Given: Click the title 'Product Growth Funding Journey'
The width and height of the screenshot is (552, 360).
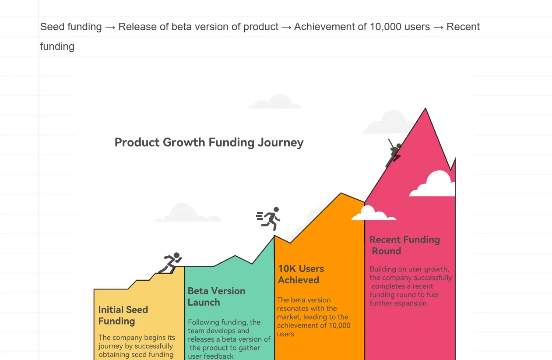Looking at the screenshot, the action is [x=209, y=142].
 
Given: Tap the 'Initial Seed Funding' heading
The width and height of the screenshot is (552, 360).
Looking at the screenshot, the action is [x=123, y=315].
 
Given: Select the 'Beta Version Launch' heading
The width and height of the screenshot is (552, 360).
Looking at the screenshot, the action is [x=216, y=296].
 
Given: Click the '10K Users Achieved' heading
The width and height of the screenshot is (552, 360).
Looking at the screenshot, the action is [x=301, y=274].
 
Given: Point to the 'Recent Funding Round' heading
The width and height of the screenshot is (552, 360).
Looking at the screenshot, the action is [x=404, y=245].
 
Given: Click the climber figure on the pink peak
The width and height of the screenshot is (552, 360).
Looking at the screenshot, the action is [x=394, y=153].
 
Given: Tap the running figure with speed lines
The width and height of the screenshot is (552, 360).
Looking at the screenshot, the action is [x=268, y=219].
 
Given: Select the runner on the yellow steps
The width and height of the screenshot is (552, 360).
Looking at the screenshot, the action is [x=170, y=263].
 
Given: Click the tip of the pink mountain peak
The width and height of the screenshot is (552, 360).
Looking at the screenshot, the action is [x=425, y=108].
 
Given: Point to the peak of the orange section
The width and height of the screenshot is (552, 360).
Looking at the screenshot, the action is [x=341, y=193].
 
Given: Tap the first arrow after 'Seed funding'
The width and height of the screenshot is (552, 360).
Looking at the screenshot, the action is [x=110, y=27].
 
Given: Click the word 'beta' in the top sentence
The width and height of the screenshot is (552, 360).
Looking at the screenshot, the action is [x=181, y=27].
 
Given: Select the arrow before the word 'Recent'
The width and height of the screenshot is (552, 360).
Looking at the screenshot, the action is [x=438, y=27].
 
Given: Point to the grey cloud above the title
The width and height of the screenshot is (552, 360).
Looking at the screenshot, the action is [x=274, y=102].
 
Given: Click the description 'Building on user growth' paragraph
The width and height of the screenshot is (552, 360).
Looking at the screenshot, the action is [x=411, y=286].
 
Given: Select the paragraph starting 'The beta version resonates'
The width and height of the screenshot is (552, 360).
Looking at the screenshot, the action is [x=313, y=317].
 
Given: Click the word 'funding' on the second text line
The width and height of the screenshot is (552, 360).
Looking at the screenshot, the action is [x=57, y=46].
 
